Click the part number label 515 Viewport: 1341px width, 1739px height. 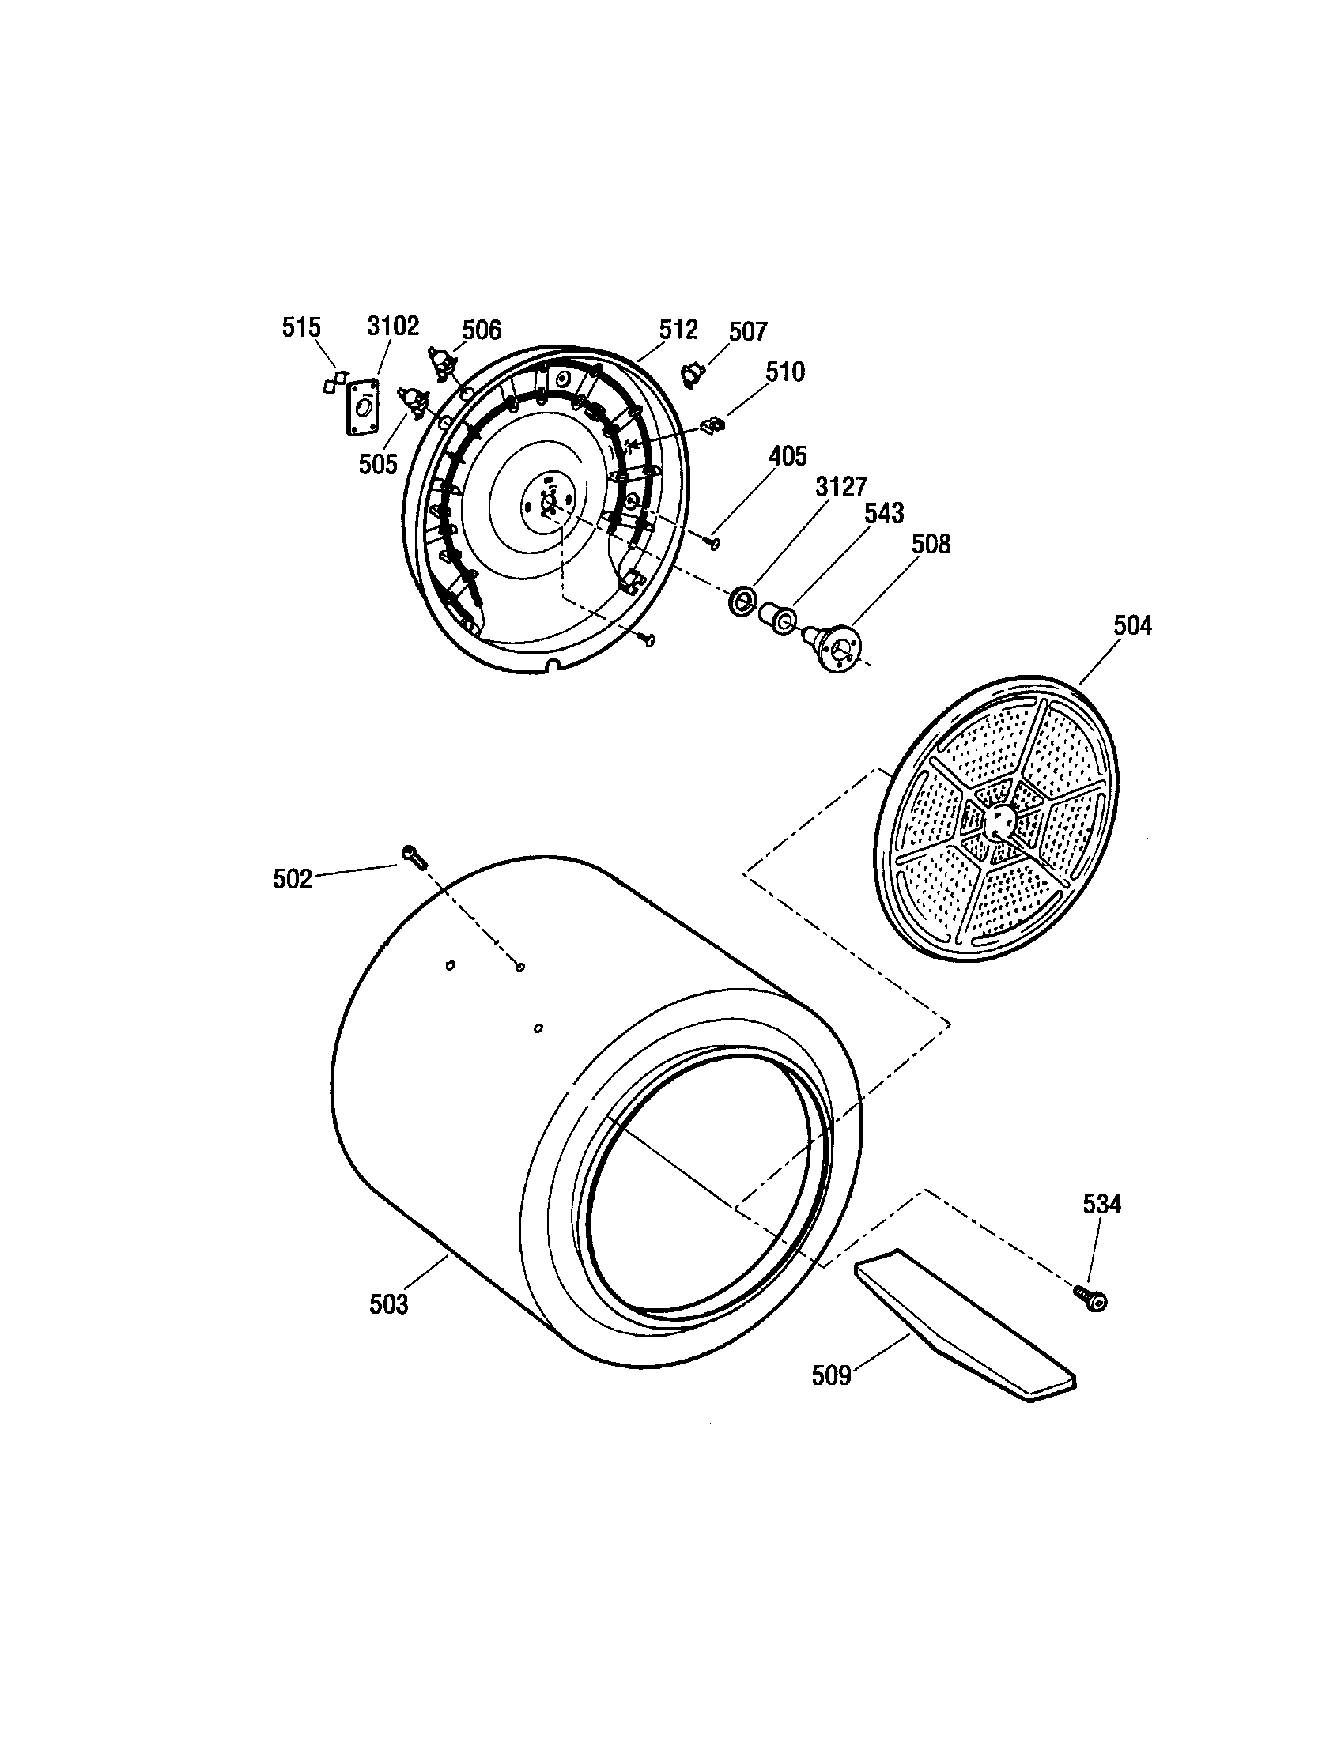(301, 327)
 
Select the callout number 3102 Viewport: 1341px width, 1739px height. (393, 326)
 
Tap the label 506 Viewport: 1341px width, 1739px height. (482, 329)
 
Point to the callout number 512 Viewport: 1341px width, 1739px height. (678, 329)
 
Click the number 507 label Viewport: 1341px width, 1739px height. (748, 331)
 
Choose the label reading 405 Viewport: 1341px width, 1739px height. (787, 456)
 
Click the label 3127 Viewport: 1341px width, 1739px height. (840, 486)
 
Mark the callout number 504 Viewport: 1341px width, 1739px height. (1131, 626)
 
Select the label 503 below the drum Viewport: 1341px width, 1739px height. (388, 1304)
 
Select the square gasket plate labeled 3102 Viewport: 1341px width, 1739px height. (363, 407)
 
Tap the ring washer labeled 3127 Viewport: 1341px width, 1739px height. (742, 600)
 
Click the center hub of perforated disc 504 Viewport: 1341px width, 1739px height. (999, 821)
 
